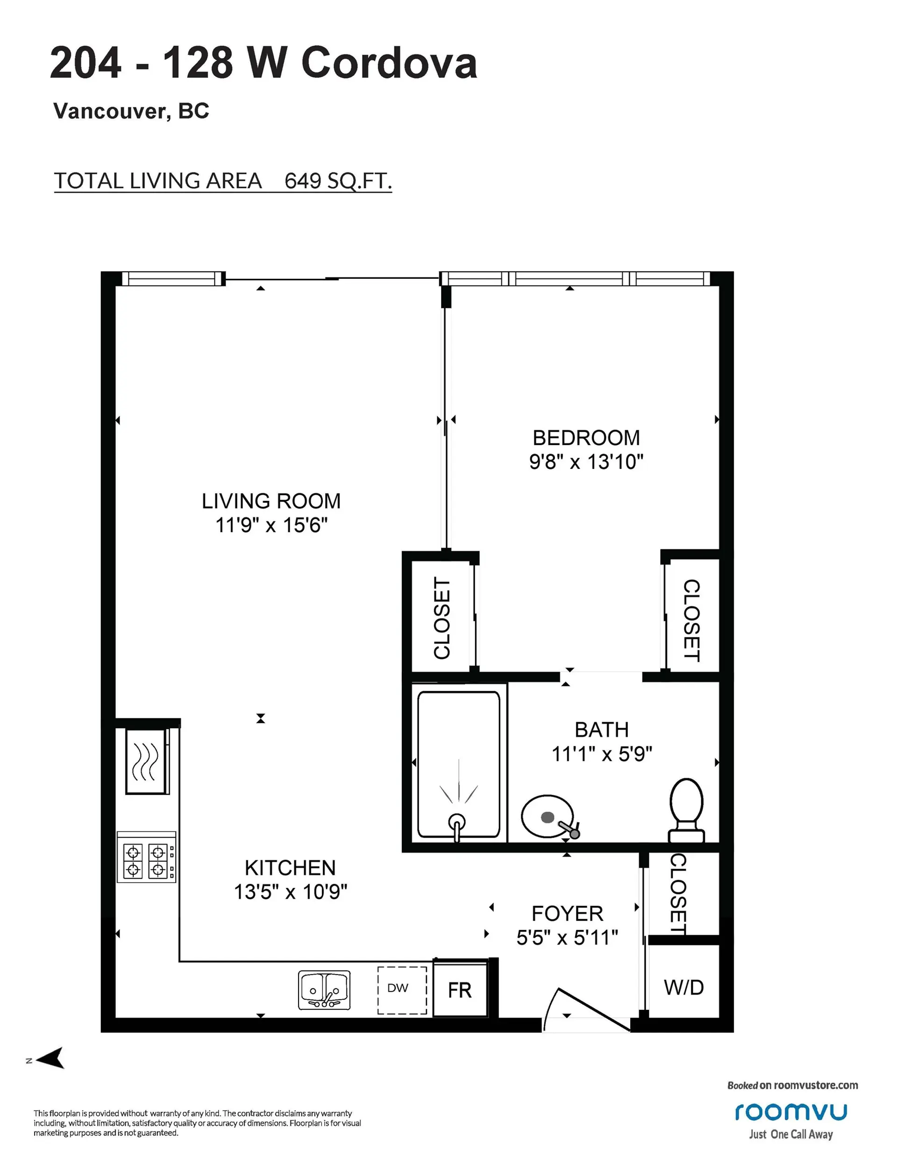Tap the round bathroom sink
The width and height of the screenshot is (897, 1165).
click(547, 817)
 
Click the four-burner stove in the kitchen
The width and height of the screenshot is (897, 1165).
click(146, 860)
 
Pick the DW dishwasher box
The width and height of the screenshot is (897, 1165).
click(402, 990)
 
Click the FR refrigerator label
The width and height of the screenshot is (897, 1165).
click(459, 991)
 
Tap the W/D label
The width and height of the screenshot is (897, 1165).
click(683, 987)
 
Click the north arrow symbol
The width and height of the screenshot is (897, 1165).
click(51, 1057)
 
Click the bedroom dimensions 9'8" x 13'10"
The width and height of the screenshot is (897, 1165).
click(586, 462)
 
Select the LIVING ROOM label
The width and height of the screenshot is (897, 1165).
click(271, 501)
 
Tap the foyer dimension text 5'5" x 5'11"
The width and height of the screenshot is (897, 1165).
click(567, 937)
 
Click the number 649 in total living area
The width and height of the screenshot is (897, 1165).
click(303, 181)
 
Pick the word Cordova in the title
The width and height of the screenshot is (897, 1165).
click(389, 63)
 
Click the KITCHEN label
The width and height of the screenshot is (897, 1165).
click(290, 868)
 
